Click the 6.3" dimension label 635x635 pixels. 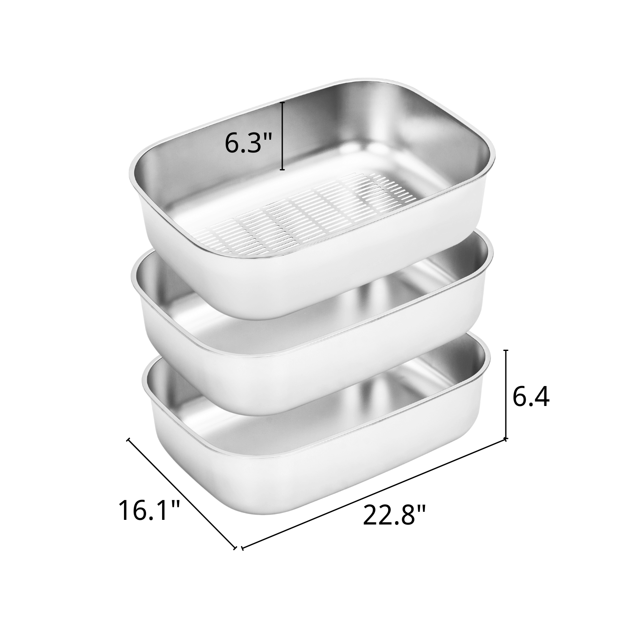click(248, 143)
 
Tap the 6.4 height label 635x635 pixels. click(530, 398)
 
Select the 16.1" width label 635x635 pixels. click(149, 510)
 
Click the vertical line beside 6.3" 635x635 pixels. click(282, 135)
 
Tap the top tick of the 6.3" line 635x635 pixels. click(282, 102)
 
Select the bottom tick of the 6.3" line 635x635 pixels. click(282, 169)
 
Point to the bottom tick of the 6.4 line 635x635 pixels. click(506, 439)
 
